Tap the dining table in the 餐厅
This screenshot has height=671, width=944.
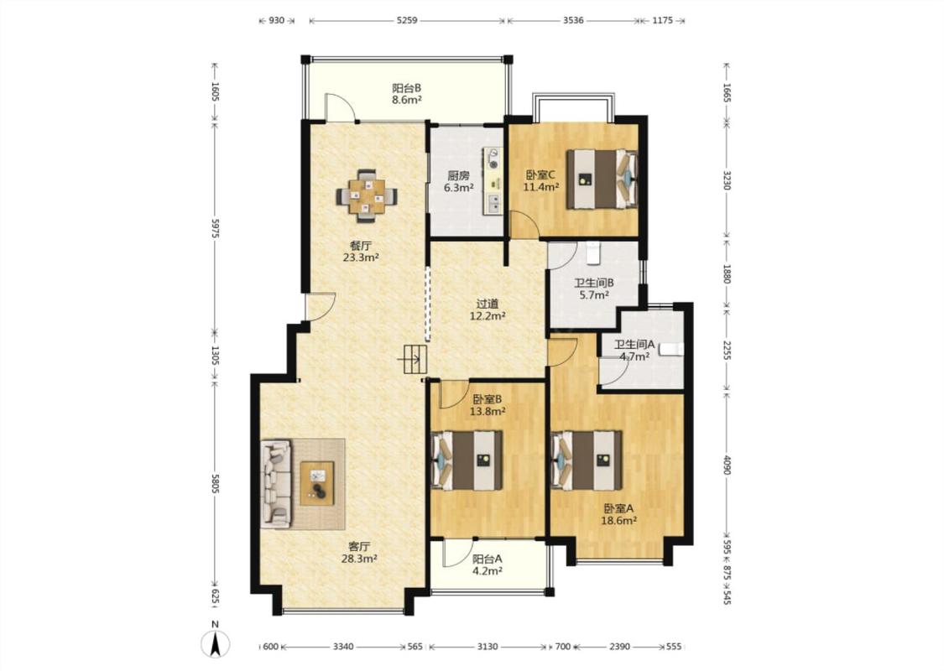[x=367, y=195]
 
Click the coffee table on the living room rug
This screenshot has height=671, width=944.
[x=317, y=482]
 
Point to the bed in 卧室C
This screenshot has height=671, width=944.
[x=602, y=179]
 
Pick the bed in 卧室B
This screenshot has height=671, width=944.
[x=467, y=460]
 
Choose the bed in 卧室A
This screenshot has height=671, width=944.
[x=587, y=460]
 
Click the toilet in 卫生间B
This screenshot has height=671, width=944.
[x=593, y=252]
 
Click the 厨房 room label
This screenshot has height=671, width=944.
[x=458, y=176]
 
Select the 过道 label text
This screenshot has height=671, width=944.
[x=487, y=304]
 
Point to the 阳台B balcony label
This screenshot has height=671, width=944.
[x=406, y=88]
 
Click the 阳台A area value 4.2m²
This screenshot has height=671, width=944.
[x=487, y=571]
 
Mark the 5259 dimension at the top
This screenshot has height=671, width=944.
[x=407, y=20]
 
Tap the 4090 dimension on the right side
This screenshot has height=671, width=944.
[x=727, y=465]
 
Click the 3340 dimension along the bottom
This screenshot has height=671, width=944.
[x=343, y=647]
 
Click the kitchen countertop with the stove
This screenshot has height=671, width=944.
[x=493, y=180]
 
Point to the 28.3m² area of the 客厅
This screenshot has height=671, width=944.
[x=359, y=559]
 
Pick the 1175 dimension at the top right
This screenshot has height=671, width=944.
[x=662, y=20]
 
